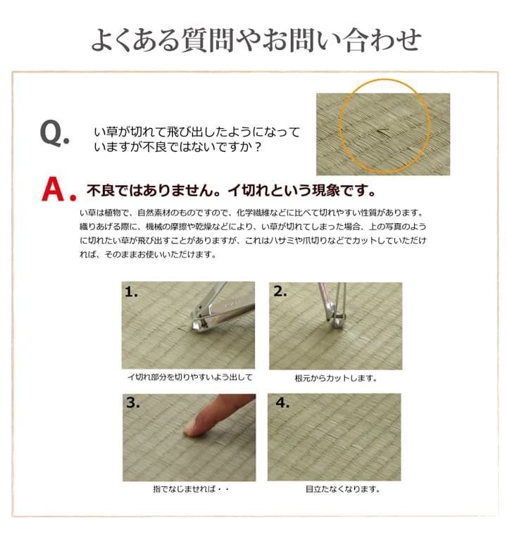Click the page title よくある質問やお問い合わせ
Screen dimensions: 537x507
pos(256,39)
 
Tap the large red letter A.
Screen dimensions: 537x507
pos(58,190)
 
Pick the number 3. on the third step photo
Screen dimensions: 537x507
pos(133,403)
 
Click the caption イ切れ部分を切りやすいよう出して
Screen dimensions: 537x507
pos(189,377)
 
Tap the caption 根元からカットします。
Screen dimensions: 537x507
pos(336,378)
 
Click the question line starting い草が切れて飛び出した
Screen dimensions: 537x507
pos(196,132)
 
